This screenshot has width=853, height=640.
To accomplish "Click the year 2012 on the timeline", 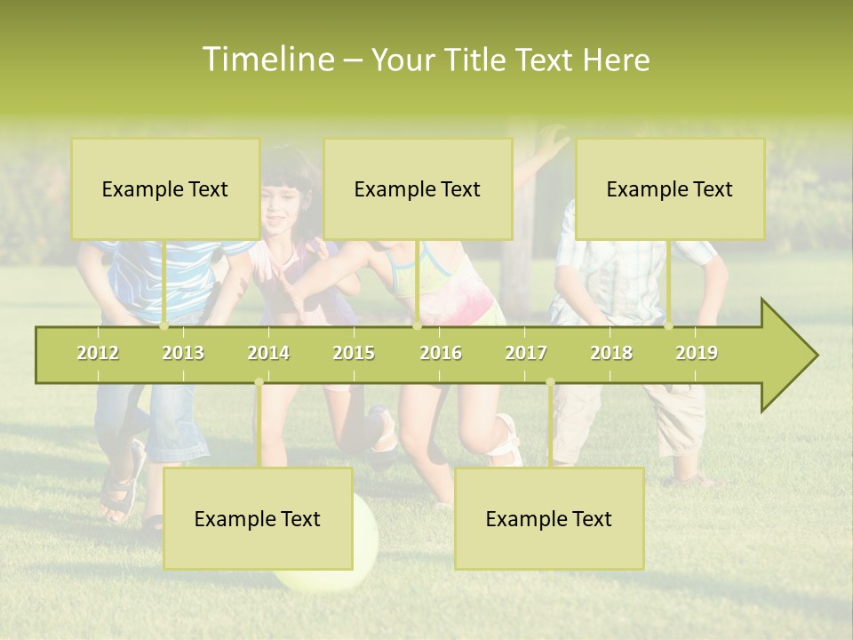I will [98, 353].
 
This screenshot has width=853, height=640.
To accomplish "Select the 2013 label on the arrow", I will [183, 353].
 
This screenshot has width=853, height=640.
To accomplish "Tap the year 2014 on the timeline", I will [268, 353].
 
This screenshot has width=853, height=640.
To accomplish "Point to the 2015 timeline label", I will [354, 353].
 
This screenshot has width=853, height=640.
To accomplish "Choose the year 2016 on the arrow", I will [441, 353].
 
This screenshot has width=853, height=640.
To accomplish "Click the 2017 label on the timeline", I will [526, 353].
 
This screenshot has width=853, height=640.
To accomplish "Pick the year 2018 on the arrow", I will [611, 353].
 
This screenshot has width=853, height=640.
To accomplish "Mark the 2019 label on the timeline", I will [697, 353].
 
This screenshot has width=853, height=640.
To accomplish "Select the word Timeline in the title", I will [267, 60].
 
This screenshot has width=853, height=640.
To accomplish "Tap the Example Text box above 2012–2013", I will [165, 188].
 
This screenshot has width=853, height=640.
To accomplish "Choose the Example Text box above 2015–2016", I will [418, 188].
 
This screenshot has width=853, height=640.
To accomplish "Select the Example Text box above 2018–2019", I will [670, 188].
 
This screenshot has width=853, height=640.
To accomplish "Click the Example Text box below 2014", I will [258, 518].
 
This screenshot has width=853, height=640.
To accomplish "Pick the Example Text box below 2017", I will [549, 518].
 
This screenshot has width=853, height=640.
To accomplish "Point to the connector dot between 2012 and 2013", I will [164, 326].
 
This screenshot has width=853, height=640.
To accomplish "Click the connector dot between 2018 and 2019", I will [669, 326].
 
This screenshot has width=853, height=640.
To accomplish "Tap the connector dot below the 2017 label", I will [550, 382].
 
